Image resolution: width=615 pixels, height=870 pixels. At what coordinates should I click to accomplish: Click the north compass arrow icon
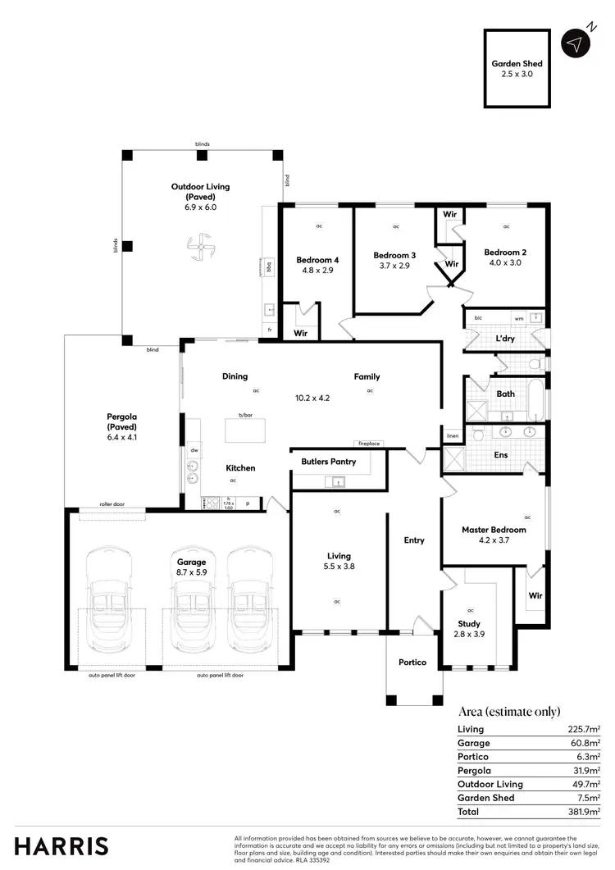point(577,43)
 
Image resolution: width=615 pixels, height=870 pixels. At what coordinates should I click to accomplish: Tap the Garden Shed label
point(517,63)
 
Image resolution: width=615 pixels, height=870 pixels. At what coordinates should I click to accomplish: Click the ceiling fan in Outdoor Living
point(200,247)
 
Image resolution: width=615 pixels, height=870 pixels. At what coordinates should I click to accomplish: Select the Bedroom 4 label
point(317,260)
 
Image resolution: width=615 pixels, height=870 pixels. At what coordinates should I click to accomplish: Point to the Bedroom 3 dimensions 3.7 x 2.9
point(394,266)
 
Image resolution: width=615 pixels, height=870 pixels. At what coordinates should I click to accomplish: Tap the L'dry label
point(506,339)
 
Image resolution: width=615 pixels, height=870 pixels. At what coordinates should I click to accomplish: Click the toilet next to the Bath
point(533,363)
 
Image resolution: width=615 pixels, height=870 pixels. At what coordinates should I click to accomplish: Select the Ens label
point(500,454)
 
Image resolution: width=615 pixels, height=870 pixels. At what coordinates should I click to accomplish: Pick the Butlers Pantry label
point(329,462)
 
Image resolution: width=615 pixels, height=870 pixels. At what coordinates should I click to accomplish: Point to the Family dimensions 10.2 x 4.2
point(312,398)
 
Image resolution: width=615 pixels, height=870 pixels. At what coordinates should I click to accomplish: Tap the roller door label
point(112,504)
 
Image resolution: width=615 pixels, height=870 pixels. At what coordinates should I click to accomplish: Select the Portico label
point(413,662)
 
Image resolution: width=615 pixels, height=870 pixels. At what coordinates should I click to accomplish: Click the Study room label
point(469,624)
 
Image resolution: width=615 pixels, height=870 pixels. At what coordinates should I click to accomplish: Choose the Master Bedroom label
point(494,530)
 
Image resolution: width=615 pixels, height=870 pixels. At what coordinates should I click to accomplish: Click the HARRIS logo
point(61,846)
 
